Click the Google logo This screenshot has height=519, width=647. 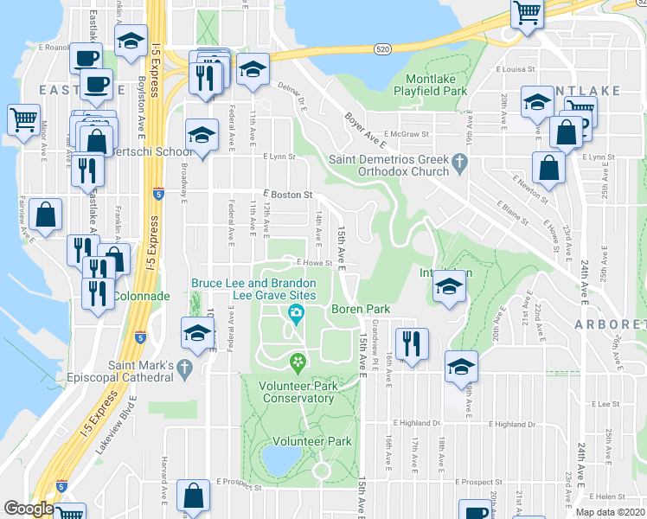(29, 509)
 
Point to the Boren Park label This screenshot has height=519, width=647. (361, 309)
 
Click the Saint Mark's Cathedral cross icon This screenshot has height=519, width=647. (183, 369)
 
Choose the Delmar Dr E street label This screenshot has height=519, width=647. (292, 93)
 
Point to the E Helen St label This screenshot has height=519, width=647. (610, 497)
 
